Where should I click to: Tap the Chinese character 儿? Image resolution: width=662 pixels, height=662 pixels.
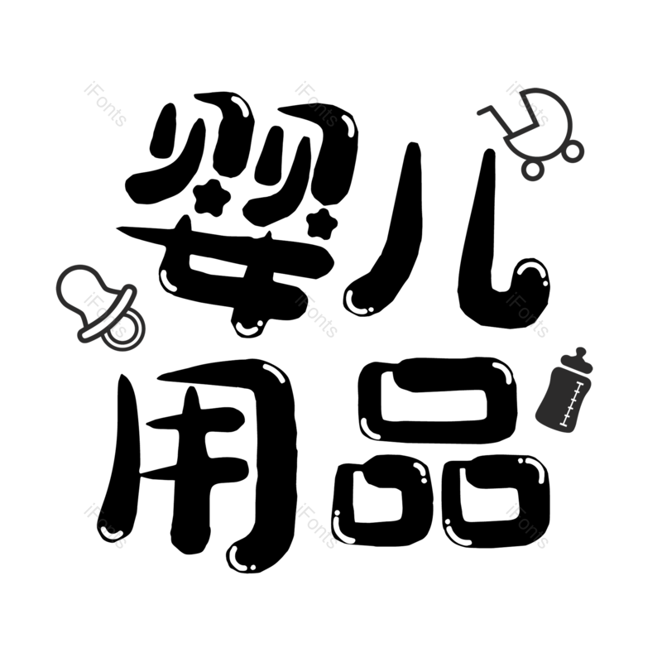click(x=448, y=237)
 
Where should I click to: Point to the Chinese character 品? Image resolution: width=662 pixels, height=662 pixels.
click(x=439, y=452)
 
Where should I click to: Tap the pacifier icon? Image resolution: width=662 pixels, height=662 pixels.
click(x=99, y=306)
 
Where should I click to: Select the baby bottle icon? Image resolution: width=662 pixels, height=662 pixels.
click(x=564, y=391)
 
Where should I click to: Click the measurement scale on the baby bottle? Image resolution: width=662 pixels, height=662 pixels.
click(x=570, y=403)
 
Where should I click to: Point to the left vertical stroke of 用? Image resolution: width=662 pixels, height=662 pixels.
click(x=121, y=456)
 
